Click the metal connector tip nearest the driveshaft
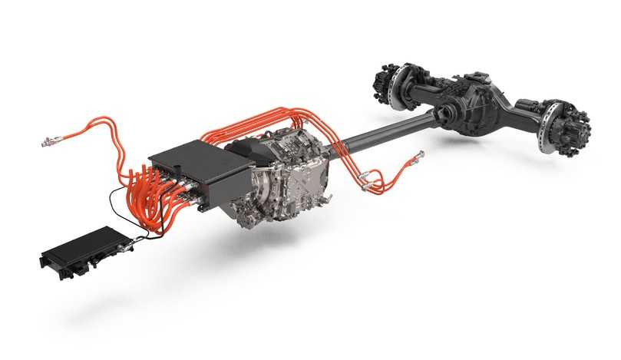(418, 157)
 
